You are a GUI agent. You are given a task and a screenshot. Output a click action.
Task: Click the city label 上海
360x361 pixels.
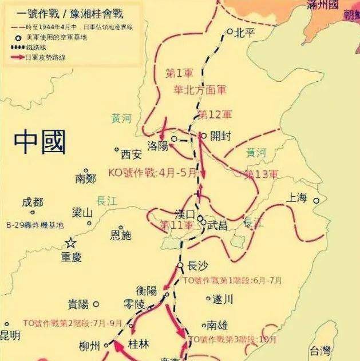pos(297,199)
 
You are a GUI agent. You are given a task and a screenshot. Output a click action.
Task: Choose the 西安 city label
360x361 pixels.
pos(130,154)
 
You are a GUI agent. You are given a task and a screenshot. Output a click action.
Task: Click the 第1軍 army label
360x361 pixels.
pos(178,73)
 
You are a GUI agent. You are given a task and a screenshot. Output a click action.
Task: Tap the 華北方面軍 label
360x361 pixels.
pos(200,90)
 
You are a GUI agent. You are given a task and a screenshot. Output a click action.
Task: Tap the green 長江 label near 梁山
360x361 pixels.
pos(108,200)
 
